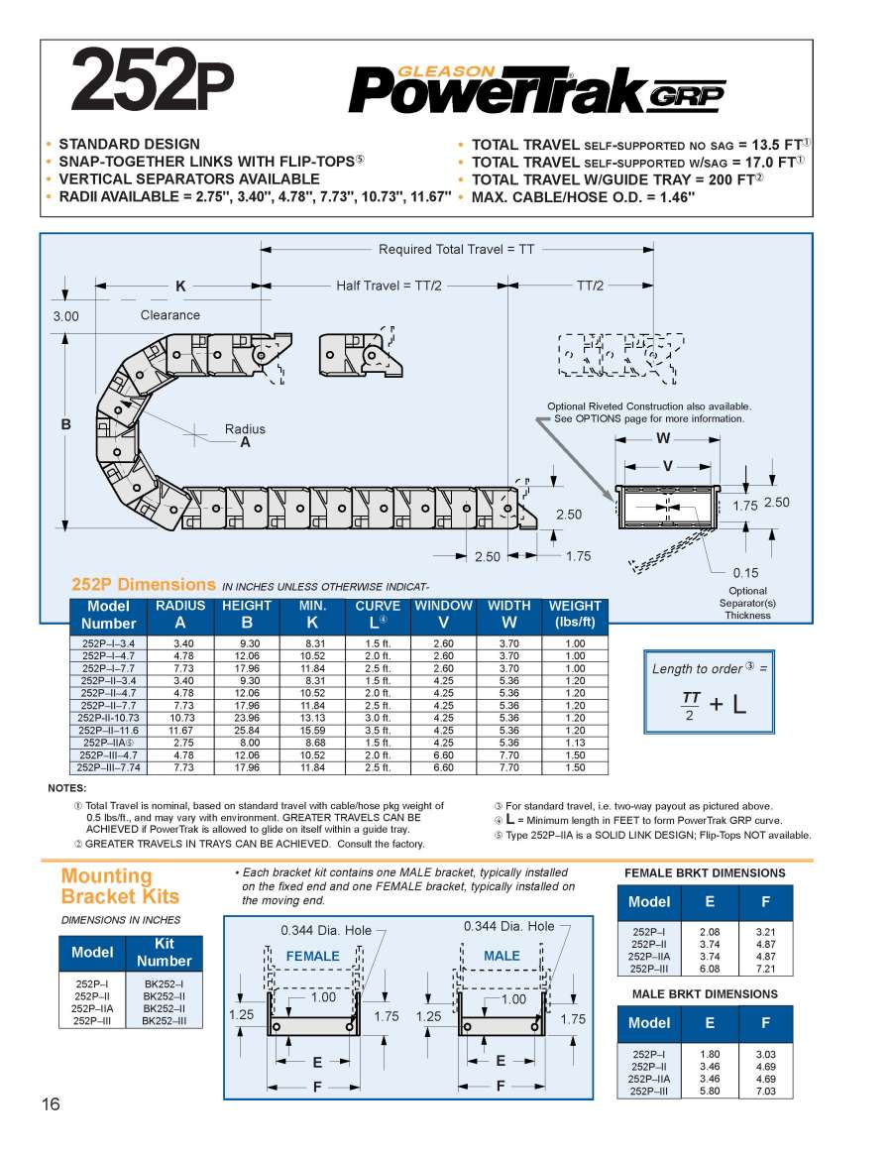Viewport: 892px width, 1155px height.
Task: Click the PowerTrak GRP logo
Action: click(536, 90)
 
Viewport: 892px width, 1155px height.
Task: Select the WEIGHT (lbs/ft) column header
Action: click(575, 615)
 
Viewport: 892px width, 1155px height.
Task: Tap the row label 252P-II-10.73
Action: click(109, 718)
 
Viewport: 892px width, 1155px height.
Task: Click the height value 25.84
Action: click(247, 731)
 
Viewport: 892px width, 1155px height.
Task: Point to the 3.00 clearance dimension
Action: click(65, 317)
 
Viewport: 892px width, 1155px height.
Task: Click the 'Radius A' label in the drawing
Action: click(245, 436)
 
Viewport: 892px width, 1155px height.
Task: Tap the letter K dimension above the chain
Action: click(180, 287)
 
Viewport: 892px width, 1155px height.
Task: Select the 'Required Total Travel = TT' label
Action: click(457, 249)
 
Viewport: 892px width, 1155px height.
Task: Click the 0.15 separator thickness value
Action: click(746, 572)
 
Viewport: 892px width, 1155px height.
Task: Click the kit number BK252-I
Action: click(164, 984)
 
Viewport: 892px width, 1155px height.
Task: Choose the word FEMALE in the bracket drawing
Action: click(312, 956)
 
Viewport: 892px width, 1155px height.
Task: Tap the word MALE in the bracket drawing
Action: click(502, 956)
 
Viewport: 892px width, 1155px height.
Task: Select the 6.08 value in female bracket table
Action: click(709, 969)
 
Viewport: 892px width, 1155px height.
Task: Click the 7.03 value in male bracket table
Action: click(765, 1091)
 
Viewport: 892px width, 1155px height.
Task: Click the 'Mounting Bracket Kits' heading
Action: click(120, 886)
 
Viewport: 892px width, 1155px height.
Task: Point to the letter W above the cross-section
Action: click(663, 439)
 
